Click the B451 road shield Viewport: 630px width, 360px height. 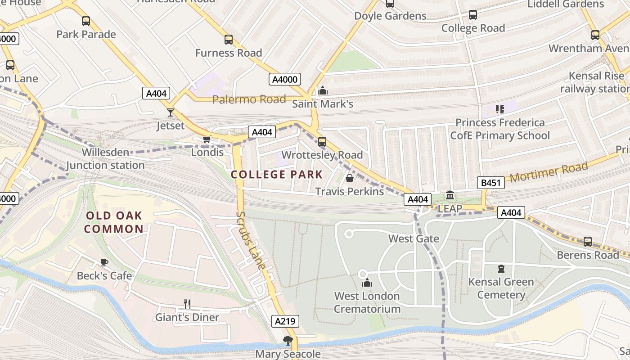tap(490, 183)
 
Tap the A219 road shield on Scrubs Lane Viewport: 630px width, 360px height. tap(285, 321)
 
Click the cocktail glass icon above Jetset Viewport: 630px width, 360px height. tap(171, 112)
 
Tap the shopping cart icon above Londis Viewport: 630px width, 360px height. tap(207, 139)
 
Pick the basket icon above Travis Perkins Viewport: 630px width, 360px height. tap(349, 178)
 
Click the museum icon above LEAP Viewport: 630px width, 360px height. tap(450, 195)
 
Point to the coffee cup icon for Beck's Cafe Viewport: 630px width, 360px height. tap(104, 262)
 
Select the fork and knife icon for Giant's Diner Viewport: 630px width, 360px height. tap(187, 304)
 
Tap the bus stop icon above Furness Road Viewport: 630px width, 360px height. tap(229, 40)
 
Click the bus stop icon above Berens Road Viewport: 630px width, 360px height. tap(588, 242)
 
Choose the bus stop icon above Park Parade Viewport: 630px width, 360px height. tap(86, 21)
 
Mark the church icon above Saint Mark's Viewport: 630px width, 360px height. tap(322, 91)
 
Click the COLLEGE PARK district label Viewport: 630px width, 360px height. tap(277, 175)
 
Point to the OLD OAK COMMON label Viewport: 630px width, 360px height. tap(114, 222)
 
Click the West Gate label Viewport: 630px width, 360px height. tap(413, 238)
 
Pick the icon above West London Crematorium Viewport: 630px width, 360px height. tap(367, 283)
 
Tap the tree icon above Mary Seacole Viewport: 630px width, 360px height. tap(288, 341)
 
